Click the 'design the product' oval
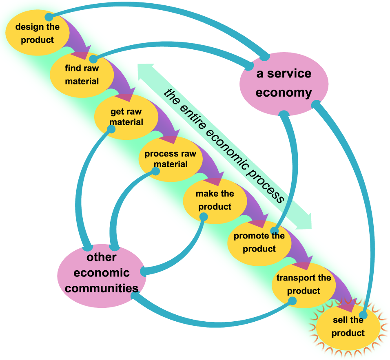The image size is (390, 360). tap(37, 33)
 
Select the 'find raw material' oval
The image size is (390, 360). tap(81, 75)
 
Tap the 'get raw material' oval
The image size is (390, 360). tap(126, 117)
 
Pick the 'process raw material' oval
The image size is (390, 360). tap(170, 159)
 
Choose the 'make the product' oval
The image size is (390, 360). tap(215, 200)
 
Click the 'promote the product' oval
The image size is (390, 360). tap(259, 242)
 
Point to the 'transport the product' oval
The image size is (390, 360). tap(304, 284)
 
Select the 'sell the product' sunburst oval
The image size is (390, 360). tap(348, 327)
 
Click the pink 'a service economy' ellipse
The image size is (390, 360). tap(284, 84)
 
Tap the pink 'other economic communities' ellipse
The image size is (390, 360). tap(102, 273)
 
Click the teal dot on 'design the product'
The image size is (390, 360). tap(49, 17)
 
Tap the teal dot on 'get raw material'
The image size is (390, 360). tap(111, 129)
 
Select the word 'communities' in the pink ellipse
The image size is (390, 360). tap(102, 288)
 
